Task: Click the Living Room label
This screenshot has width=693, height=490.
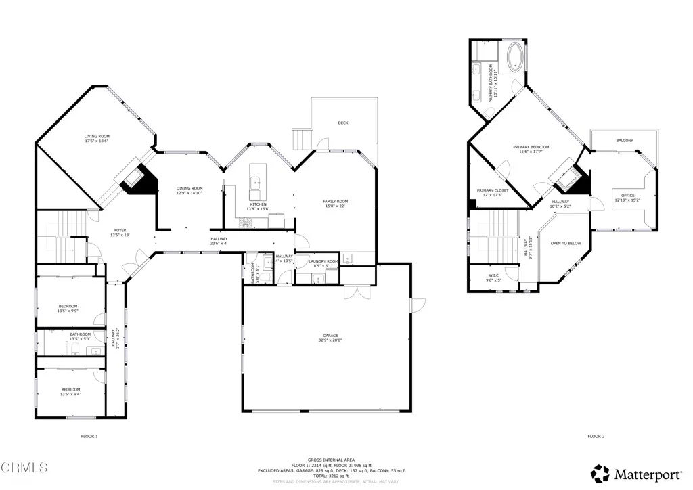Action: click(x=96, y=138)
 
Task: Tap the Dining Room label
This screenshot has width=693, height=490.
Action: click(x=189, y=190)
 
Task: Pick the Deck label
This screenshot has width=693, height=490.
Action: click(x=343, y=123)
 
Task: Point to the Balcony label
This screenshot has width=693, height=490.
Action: click(x=624, y=141)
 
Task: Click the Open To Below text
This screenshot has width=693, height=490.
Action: click(x=565, y=243)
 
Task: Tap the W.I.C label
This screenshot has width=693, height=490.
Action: click(x=493, y=277)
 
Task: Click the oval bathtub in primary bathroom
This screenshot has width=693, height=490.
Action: click(x=514, y=58)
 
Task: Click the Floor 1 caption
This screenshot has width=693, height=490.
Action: click(x=89, y=437)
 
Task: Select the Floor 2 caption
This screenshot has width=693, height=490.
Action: click(x=596, y=437)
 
